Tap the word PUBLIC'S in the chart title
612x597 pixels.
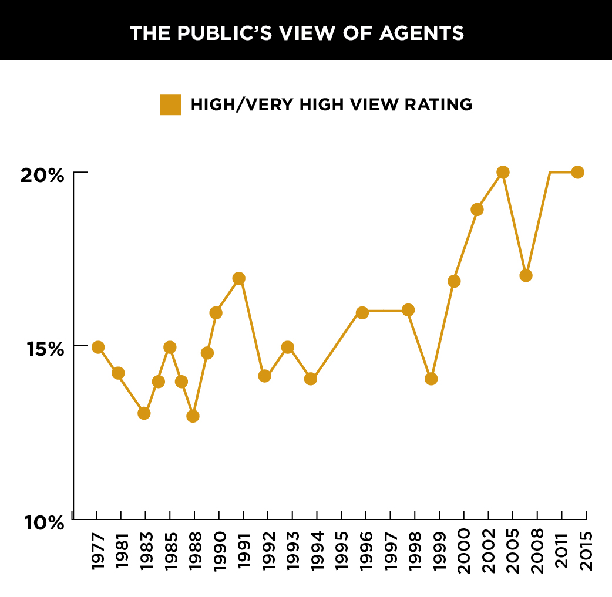coord(223,33)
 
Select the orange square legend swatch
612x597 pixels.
coord(170,104)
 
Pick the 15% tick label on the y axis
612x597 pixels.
coord(42,349)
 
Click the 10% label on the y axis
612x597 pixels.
coord(42,522)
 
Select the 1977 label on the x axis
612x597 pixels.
coord(97,551)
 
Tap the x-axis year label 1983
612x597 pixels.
coord(146,551)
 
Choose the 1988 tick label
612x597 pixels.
coord(195,551)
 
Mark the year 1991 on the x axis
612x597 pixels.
coord(244,551)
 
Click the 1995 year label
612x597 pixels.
coord(342,551)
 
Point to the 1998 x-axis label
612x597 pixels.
coord(415,551)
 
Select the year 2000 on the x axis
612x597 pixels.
coord(464,551)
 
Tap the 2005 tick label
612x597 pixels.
coord(513,551)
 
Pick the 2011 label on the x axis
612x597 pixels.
coord(562,551)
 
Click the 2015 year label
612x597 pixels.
coord(587,551)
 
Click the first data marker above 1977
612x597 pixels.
coord(98,347)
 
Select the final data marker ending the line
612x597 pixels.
coord(577,172)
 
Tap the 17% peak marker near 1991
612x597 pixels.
coord(238,278)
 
